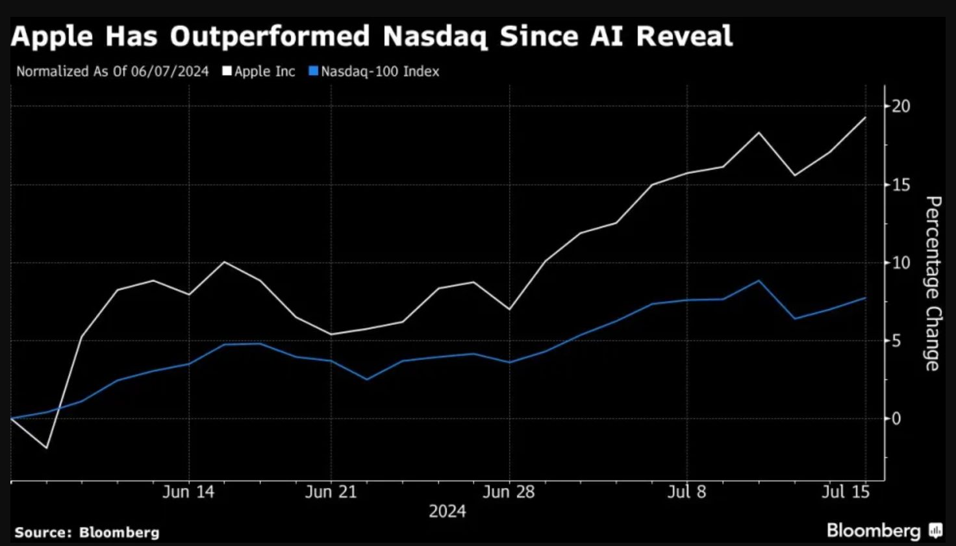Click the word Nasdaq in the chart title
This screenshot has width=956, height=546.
tap(434, 36)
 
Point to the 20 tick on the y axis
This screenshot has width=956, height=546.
tap(901, 106)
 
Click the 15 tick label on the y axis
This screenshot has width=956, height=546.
tap(901, 185)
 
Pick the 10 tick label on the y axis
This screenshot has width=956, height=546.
tap(901, 263)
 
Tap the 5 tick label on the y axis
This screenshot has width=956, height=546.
tap(896, 341)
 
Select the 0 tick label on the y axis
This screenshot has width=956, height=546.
tap(896, 419)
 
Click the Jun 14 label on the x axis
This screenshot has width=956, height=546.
tap(188, 492)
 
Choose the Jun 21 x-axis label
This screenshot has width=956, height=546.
tap(331, 492)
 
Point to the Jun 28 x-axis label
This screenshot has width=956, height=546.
tap(509, 492)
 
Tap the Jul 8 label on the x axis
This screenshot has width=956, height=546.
tap(686, 492)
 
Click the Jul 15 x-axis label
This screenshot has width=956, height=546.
tap(845, 492)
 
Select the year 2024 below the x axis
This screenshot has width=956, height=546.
tap(447, 512)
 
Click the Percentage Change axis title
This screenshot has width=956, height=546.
tap(933, 284)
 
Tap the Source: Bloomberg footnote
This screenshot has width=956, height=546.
tap(87, 532)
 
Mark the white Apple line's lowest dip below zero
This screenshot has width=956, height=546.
tap(46, 448)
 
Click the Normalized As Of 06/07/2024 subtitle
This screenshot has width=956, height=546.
tap(112, 71)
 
